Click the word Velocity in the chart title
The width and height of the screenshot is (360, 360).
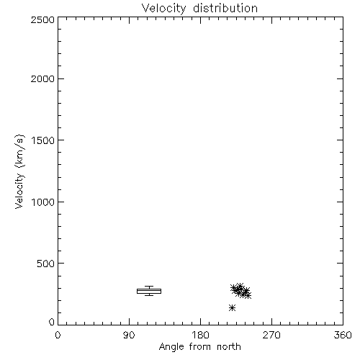click(164, 9)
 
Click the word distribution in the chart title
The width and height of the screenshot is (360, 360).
click(225, 8)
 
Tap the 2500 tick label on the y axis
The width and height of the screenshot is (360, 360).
click(42, 19)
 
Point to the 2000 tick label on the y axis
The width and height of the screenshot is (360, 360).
click(42, 78)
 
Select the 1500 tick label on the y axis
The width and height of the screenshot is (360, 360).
click(43, 140)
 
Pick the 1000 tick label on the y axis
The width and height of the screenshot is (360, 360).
click(43, 202)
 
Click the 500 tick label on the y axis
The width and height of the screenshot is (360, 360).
click(46, 264)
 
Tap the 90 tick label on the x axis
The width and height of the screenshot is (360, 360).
click(129, 335)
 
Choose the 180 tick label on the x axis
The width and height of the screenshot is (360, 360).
click(200, 335)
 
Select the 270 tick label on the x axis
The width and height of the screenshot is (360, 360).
click(271, 335)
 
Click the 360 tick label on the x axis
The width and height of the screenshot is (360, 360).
click(343, 335)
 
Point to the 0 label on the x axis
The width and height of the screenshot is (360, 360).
click(58, 335)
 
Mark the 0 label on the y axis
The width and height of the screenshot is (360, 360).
click(52, 322)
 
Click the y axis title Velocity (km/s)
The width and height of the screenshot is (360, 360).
click(19, 171)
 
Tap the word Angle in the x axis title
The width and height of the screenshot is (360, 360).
click(171, 347)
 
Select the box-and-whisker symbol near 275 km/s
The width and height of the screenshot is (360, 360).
click(149, 291)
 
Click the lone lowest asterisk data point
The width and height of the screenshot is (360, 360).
click(232, 307)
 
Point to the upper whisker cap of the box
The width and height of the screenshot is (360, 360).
click(149, 287)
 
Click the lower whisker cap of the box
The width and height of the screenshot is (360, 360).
click(149, 295)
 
